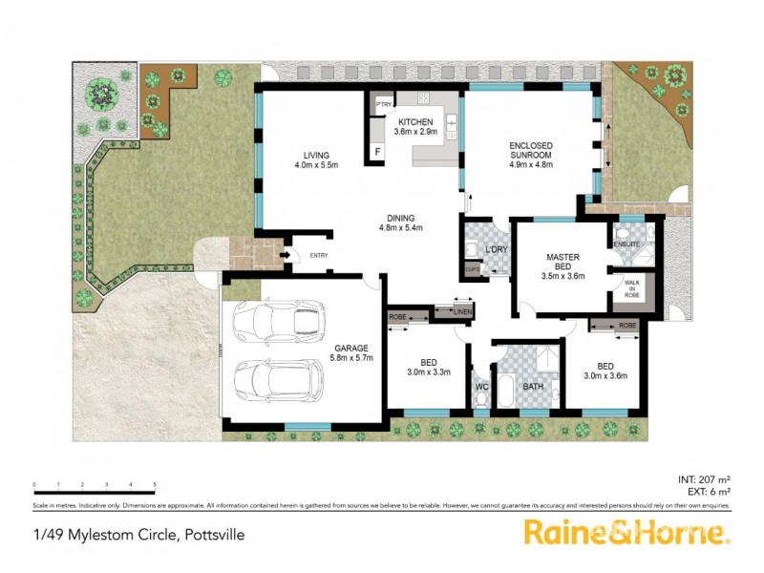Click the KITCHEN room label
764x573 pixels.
[417, 122]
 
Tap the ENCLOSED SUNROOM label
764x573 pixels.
[532, 146]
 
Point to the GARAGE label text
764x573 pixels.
[352, 348]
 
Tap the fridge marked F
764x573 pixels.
[378, 151]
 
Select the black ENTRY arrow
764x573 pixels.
[285, 255]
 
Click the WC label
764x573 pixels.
[481, 387]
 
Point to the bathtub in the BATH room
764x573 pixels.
[506, 391]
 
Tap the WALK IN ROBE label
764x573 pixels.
[631, 289]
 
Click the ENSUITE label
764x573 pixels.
[626, 245]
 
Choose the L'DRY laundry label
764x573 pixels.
[496, 249]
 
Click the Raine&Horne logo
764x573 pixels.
[626, 532]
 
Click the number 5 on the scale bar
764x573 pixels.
[155, 484]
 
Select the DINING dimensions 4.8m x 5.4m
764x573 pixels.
[401, 227]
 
